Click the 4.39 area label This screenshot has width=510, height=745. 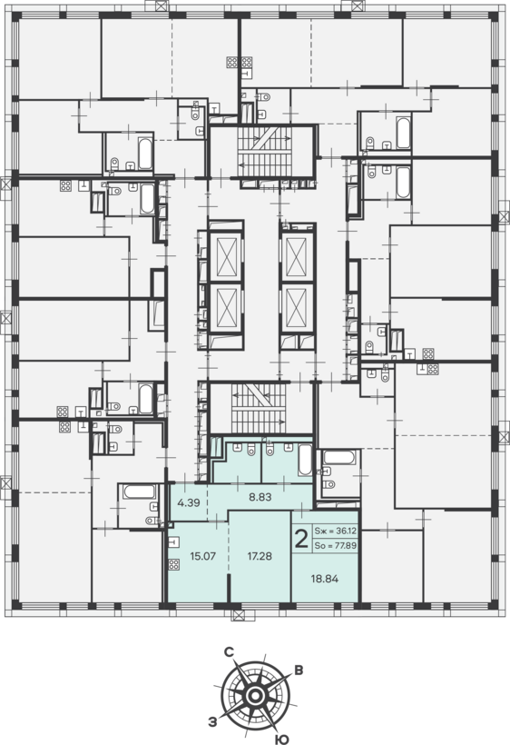point(189,502)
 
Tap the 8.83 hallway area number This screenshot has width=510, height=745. point(260,497)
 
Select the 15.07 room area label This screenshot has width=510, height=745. point(202,555)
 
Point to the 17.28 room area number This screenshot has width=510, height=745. point(260,555)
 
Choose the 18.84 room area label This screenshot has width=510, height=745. point(325,579)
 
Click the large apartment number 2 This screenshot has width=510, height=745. point(301,540)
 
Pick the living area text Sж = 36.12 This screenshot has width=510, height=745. point(336,531)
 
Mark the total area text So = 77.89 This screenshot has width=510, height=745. point(336,545)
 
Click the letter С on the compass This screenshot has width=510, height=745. point(230,652)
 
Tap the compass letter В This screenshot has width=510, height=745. point(299,670)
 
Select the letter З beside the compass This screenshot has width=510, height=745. point(212,722)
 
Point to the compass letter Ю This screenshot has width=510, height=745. point(282,739)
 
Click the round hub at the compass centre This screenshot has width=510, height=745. point(255,697)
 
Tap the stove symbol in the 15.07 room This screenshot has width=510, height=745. point(174,564)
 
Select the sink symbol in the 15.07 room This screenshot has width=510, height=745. point(174,541)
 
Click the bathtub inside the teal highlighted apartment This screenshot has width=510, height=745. point(305,460)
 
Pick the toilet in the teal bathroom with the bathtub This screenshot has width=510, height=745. point(270,450)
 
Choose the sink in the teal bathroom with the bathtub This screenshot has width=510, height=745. point(288,446)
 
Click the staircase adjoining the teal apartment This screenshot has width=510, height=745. point(259,405)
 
